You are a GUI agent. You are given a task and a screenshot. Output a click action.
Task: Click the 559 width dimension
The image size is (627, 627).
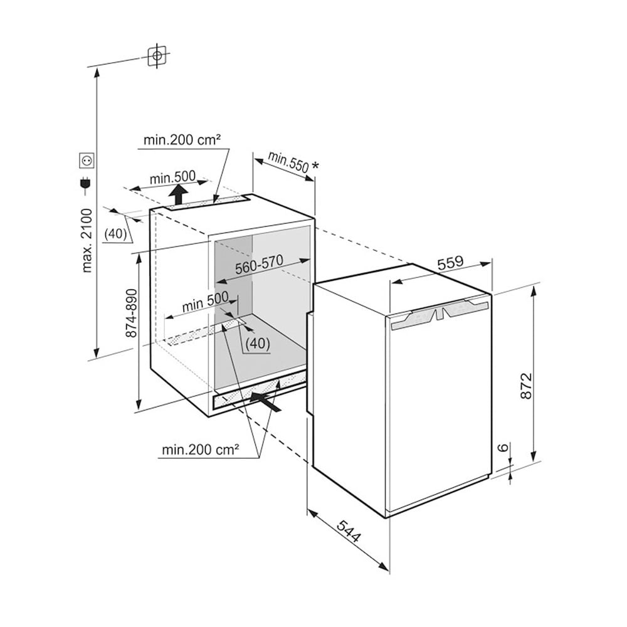450,263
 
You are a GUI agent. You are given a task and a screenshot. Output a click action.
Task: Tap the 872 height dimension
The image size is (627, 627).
527,386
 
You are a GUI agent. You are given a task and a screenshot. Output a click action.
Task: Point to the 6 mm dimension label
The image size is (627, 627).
504,446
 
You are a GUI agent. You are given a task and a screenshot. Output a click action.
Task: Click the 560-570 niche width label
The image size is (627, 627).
259,265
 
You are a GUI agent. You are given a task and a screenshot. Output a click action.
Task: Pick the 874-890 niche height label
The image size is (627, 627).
131,313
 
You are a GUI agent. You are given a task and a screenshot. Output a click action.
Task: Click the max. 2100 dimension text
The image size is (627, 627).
87,240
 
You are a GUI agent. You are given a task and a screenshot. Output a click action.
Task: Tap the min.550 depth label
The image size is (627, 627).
288,162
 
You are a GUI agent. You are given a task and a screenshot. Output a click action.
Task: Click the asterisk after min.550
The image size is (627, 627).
315,165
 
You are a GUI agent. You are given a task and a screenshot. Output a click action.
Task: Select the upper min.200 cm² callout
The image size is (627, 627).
182,140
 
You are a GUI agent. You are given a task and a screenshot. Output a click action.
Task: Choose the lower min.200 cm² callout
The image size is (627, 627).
201,450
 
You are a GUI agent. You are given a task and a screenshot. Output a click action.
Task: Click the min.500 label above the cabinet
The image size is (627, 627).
173,177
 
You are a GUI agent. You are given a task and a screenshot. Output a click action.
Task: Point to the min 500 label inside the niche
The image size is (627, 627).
205,301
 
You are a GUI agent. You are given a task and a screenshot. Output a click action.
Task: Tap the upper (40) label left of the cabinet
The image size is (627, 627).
115,233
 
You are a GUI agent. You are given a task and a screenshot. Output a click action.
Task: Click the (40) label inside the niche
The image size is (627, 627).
258,343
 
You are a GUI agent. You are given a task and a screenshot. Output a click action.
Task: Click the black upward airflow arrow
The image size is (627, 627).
178,195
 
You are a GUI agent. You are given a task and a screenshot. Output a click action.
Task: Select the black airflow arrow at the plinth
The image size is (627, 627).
265,401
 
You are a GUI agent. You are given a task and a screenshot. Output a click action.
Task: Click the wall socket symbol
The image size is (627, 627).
87,161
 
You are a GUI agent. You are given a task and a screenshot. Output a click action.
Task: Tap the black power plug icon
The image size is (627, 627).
85,183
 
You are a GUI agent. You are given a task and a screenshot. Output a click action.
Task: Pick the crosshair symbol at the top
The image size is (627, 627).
157,56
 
